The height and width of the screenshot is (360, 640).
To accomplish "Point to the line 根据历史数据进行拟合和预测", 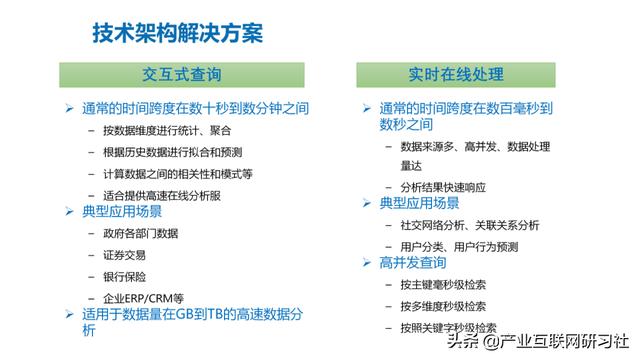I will click(171, 151).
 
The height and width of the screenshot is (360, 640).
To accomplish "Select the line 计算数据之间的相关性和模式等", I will click(177, 172).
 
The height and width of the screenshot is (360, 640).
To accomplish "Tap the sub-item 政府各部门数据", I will click(140, 234).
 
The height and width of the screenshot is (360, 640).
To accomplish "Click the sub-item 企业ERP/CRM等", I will click(143, 297).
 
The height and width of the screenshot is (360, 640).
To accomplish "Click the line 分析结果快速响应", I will click(443, 186).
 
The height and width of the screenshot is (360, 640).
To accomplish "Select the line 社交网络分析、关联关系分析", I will click(469, 225).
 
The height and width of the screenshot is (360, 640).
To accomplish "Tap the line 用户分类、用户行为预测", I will click(459, 246).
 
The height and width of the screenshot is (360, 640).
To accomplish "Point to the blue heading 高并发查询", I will click(413, 264).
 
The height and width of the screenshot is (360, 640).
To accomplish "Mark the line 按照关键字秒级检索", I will click(449, 327).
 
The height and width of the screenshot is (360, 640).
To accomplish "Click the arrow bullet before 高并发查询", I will click(367, 264).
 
